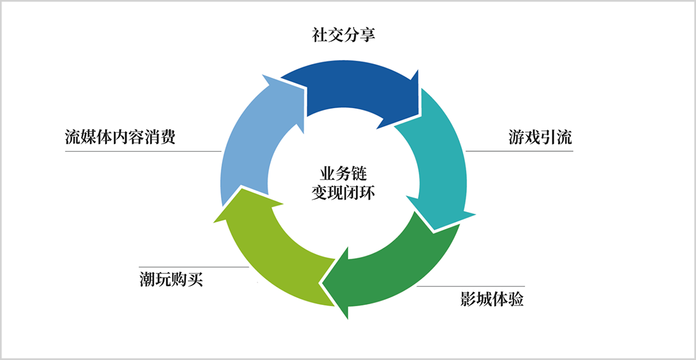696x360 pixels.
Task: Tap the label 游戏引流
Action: point(540,137)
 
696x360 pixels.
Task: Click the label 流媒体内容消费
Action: point(120,137)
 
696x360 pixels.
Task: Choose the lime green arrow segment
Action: point(272,253)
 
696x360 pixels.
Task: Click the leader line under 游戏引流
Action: point(519,151)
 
